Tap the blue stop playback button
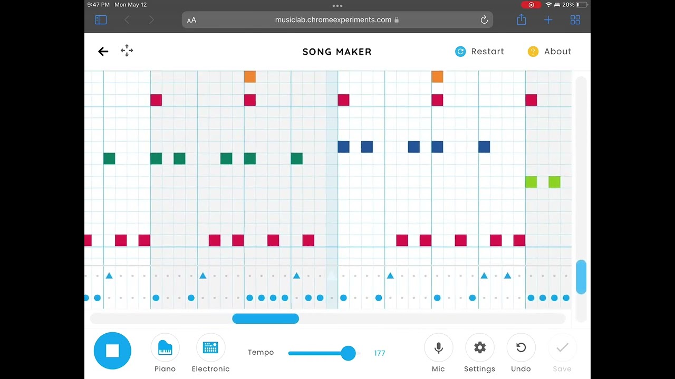(x=112, y=351)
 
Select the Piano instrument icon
(x=165, y=348)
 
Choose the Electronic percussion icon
(x=210, y=348)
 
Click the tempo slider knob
(x=349, y=353)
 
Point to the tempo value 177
(x=380, y=353)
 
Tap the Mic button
(x=438, y=348)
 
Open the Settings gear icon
(x=480, y=348)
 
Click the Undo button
(x=521, y=348)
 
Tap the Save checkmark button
(x=562, y=348)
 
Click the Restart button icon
(x=460, y=52)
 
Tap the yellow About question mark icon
(x=533, y=52)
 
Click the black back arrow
(x=103, y=52)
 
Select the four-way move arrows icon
(x=127, y=51)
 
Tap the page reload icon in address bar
(x=484, y=20)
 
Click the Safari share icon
(x=522, y=19)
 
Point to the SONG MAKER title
(x=337, y=52)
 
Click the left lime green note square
(x=531, y=182)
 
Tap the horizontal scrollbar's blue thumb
(x=265, y=318)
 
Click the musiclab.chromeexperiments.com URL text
(x=333, y=20)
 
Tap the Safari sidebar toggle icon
(x=101, y=20)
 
